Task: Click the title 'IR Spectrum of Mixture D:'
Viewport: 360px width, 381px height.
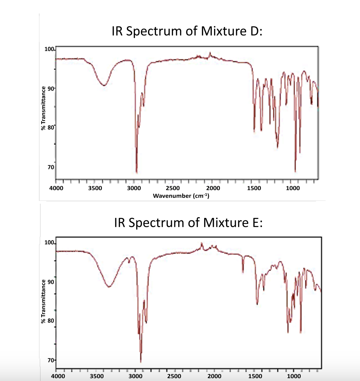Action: (x=187, y=32)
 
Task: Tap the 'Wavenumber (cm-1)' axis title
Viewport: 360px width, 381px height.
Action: (x=181, y=195)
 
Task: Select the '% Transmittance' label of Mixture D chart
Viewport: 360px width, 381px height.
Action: (x=43, y=108)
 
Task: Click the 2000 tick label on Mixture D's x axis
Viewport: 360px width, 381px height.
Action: (x=213, y=188)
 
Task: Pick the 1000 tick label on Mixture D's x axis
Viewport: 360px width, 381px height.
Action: (x=293, y=188)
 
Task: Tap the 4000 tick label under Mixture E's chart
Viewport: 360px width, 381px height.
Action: (x=58, y=376)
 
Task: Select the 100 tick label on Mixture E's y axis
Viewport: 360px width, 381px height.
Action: (x=49, y=243)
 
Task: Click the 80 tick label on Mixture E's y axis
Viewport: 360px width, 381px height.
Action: (x=50, y=321)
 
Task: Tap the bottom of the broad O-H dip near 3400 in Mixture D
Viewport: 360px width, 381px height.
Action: (x=104, y=85)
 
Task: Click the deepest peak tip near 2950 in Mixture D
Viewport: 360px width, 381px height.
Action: (x=137, y=173)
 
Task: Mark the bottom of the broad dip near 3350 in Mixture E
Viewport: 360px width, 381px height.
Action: (x=109, y=287)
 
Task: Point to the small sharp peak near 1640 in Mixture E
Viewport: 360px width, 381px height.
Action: (x=243, y=272)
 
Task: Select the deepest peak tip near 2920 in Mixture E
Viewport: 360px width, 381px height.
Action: (x=141, y=362)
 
